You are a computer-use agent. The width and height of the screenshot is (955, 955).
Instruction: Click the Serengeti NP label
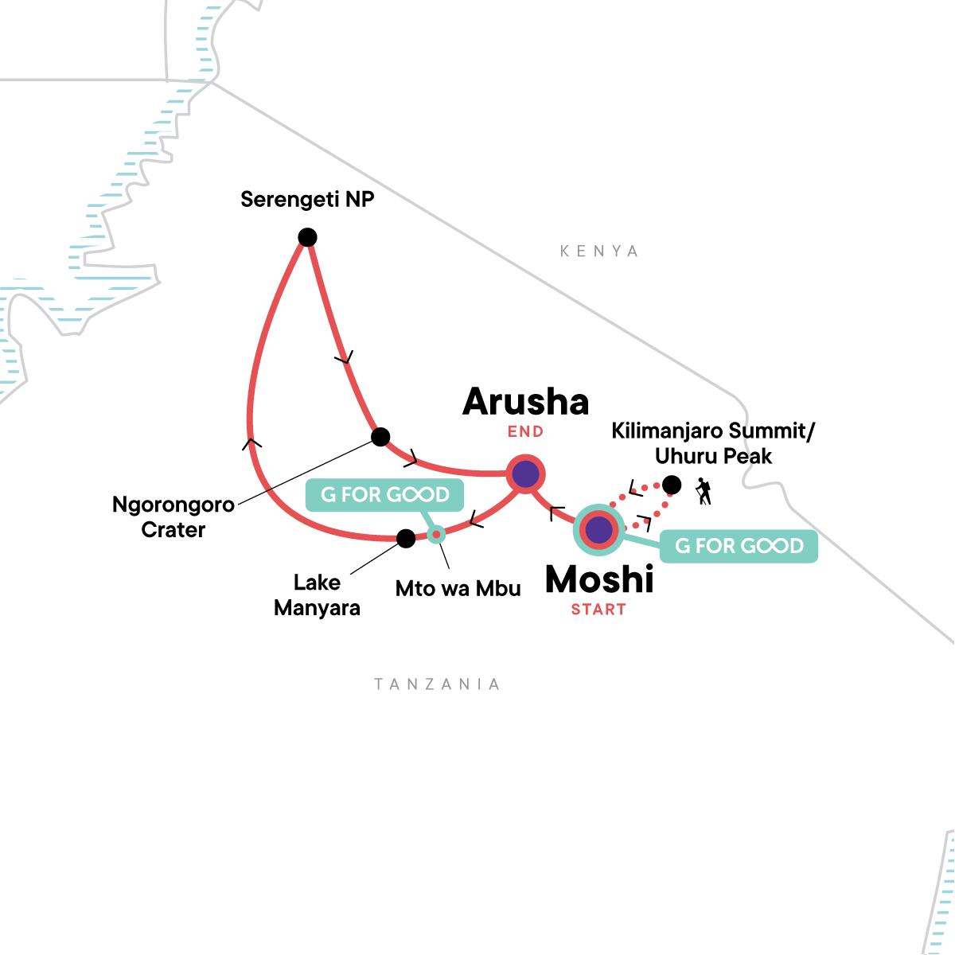tap(307, 199)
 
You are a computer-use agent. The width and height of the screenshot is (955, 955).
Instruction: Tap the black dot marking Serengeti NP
tap(307, 237)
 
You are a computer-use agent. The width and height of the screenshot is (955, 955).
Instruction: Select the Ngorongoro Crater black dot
tap(380, 437)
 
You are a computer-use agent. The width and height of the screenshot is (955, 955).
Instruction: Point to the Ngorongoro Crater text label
tap(173, 516)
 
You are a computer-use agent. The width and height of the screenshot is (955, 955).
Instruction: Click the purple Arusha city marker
tap(525, 475)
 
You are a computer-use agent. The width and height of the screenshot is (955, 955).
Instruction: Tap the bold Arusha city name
tap(526, 402)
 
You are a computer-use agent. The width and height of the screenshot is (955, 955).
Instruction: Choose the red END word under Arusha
tap(525, 432)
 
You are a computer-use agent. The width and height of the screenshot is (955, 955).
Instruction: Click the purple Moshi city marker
tap(598, 529)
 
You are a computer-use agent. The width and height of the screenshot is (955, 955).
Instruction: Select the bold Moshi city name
tap(599, 579)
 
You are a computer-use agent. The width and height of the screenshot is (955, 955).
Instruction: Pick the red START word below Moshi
tap(598, 610)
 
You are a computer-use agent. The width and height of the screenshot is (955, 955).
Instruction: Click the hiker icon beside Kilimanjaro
tap(703, 491)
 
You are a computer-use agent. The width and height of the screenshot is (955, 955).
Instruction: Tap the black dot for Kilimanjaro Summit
tap(672, 484)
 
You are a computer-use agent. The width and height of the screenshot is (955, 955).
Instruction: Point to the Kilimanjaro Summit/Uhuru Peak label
tap(713, 443)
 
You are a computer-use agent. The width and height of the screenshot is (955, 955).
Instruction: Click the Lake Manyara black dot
tap(406, 539)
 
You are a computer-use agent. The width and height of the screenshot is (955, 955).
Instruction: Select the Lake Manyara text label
tap(317, 595)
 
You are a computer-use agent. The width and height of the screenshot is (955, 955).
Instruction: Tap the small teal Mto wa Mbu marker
tap(435, 534)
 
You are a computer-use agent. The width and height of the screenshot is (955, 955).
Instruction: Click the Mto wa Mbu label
tap(458, 589)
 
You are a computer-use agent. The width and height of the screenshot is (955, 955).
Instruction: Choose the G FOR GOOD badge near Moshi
tap(739, 546)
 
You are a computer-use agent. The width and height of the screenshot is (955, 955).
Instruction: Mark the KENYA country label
tap(599, 251)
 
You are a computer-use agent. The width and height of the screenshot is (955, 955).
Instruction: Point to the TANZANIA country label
tap(437, 684)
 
